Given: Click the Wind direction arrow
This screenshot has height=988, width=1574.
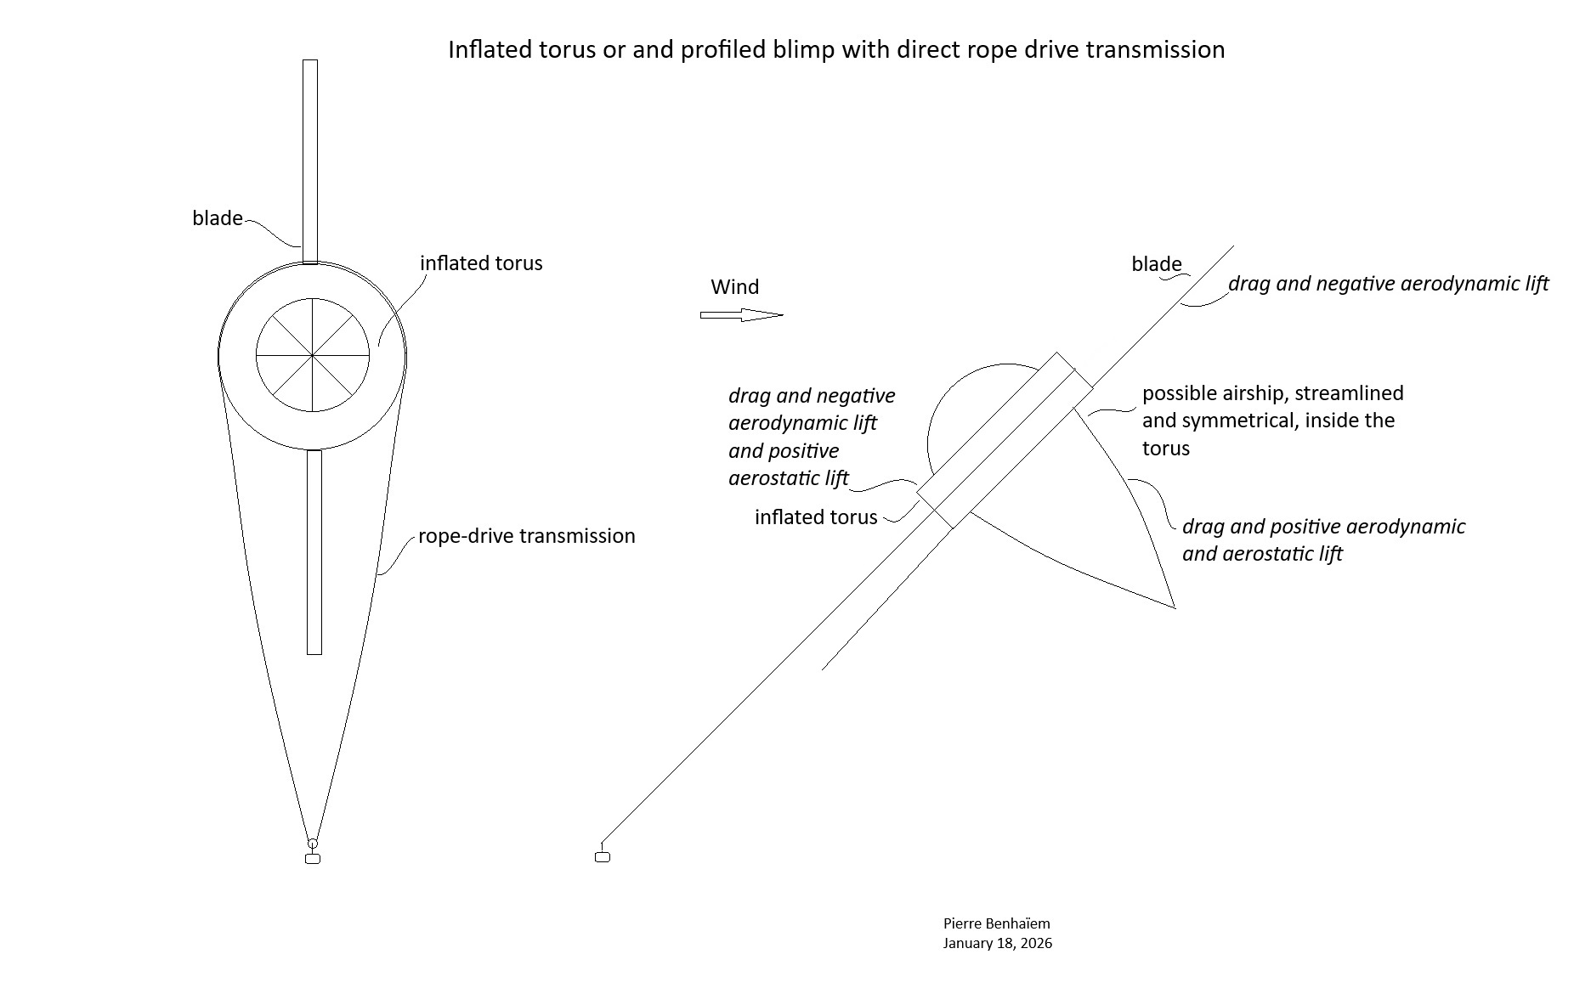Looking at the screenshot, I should coord(740,315).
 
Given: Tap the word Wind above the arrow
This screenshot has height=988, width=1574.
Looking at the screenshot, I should coord(734,287).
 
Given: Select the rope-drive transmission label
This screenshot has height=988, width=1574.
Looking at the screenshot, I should coord(526,536).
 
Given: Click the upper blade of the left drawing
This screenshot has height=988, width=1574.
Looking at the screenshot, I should coord(310,161).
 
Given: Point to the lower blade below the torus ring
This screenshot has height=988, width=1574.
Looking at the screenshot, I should coord(314,552).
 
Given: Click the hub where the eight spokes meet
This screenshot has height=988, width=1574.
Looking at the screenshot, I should coord(313,355).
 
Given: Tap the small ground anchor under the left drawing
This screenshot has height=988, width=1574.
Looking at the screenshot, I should coord(312,859).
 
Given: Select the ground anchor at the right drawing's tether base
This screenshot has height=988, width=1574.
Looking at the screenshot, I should coord(603,856).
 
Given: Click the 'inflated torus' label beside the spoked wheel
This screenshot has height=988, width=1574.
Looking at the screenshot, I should coord(481,263).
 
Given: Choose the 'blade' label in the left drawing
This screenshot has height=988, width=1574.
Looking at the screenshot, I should coord(218,218).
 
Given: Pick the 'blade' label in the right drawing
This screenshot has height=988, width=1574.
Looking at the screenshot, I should coord(1156,264).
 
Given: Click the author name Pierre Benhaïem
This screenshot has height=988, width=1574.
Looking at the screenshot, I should coord(996,923).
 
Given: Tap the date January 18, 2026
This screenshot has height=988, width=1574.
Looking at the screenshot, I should coord(997,943).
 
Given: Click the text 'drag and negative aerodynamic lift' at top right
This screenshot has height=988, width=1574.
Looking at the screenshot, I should coord(1388,284).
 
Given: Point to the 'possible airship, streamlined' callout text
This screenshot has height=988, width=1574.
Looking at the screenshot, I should coord(1272,393).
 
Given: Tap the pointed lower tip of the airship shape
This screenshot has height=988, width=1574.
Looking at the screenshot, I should coord(1174,607).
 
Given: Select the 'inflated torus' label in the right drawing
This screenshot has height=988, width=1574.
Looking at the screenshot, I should coord(815,517).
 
